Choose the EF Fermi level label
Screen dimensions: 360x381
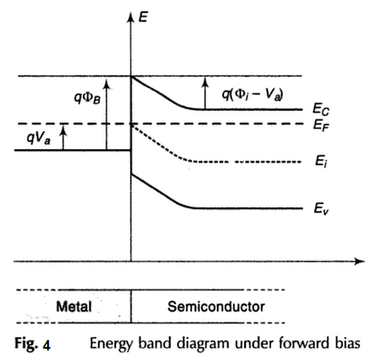(x=320, y=126)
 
